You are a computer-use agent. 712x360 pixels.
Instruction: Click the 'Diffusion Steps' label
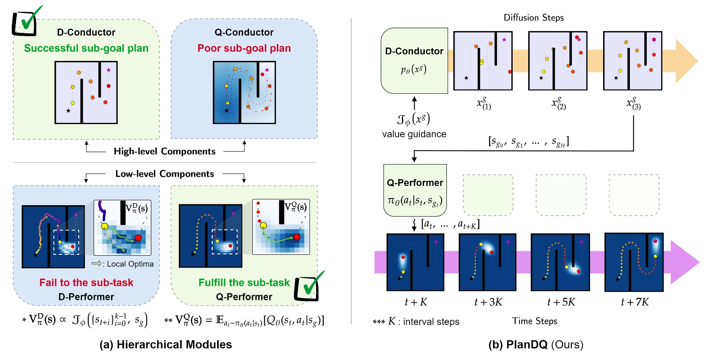click(533, 18)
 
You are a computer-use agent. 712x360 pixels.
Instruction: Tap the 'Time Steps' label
click(535, 321)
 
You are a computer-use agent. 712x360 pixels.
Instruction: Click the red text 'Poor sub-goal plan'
click(244, 48)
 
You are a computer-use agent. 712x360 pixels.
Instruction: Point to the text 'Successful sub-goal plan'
click(86, 48)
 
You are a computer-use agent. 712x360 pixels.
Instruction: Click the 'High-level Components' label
click(164, 151)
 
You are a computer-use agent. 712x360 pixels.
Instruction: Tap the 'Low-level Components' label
click(164, 174)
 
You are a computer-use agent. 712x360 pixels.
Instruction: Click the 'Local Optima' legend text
click(130, 264)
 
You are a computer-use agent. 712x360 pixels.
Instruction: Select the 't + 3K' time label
click(488, 302)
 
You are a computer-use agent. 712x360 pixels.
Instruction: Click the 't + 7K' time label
click(634, 302)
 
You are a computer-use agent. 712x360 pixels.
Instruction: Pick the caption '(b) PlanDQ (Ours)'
click(535, 345)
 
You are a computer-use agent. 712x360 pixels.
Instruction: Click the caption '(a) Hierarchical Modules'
click(166, 345)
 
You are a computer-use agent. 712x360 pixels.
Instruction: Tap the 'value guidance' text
click(414, 134)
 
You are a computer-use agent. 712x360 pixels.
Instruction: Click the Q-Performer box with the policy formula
click(415, 191)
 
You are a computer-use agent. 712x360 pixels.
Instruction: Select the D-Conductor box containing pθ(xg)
click(414, 61)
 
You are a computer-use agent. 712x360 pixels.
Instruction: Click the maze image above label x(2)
click(558, 61)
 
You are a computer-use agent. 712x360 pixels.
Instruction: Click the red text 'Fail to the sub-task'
click(86, 283)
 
